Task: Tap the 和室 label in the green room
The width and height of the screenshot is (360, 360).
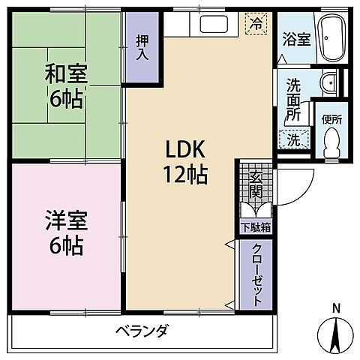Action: [67, 75]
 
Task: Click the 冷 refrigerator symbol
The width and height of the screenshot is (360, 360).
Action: [256, 24]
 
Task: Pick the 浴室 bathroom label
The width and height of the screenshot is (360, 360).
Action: [295, 39]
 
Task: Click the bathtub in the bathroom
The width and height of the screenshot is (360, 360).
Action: [330, 39]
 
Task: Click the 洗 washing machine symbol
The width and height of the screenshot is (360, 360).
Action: [293, 138]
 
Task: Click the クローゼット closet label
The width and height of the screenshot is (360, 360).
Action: [256, 274]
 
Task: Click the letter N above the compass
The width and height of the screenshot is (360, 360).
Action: [336, 307]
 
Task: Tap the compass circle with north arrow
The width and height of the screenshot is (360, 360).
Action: [336, 334]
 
